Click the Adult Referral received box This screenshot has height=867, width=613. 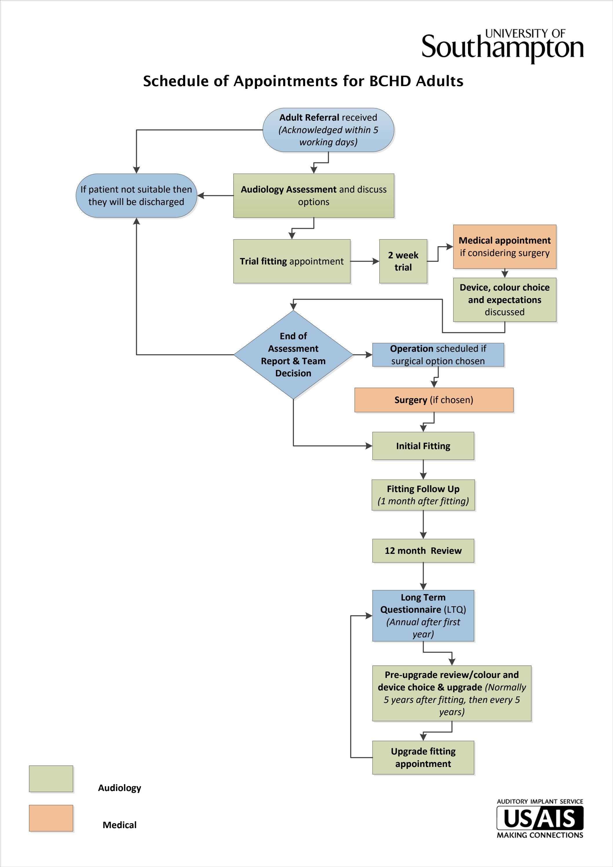tap(328, 130)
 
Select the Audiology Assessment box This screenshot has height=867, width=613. tap(314, 196)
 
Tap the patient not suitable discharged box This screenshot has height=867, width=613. tap(136, 196)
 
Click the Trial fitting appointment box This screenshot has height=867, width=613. tap(292, 261)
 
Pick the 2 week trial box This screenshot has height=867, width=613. tap(403, 261)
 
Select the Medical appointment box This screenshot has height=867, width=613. tap(505, 246)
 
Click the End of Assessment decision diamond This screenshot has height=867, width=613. tap(293, 355)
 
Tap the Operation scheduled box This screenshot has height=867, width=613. tap(438, 355)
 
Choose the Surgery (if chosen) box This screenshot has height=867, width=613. tap(434, 400)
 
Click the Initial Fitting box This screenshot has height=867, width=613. tap(423, 446)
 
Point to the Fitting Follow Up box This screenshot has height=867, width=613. tap(423, 495)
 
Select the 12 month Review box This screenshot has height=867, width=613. tap(423, 551)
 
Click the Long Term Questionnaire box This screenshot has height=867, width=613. tap(423, 616)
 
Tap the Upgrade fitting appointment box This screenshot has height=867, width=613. tap(423, 757)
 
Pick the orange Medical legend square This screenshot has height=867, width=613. tap(51, 818)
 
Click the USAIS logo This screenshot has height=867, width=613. tap(540, 819)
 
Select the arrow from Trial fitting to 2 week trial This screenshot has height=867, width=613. tap(365, 261)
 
